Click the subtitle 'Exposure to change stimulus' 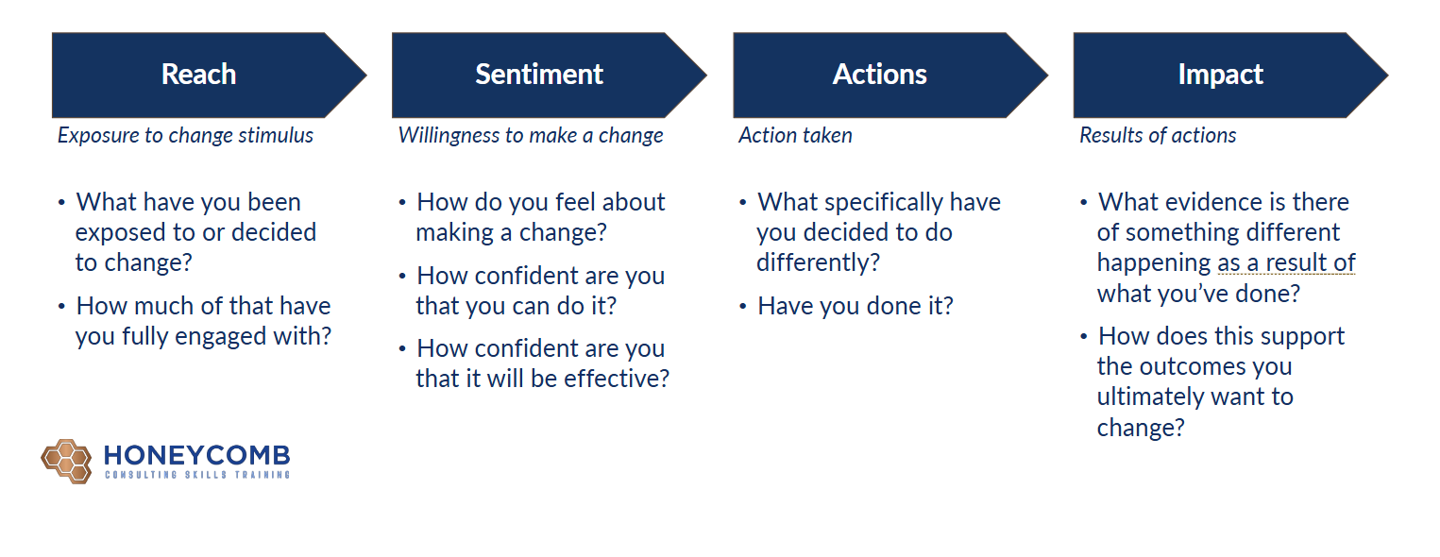pos(185,136)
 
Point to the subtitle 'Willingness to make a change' pos(531,136)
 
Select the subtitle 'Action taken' pos(795,136)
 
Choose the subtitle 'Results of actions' pos(1157,136)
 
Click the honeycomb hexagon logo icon pos(66,462)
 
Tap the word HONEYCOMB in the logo pos(196,455)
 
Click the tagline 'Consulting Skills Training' pos(196,475)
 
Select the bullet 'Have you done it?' pos(855,307)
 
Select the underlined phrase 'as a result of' pos(1286,263)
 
